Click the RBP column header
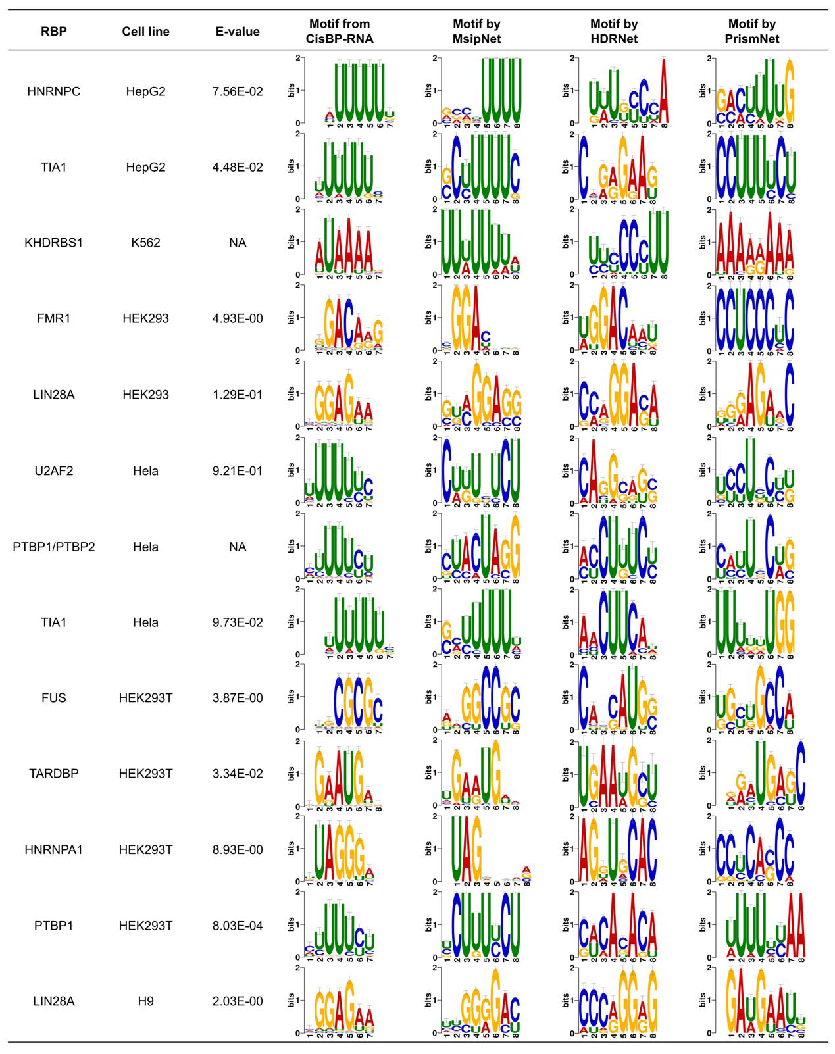click(x=54, y=32)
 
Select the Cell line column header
click(x=145, y=32)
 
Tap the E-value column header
click(x=238, y=32)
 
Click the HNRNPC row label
click(x=54, y=91)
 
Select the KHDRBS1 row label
click(x=54, y=243)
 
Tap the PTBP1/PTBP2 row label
click(x=54, y=547)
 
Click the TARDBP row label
click(x=54, y=774)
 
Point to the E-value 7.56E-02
click(x=238, y=91)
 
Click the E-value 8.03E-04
click(x=238, y=926)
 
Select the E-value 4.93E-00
click(x=238, y=318)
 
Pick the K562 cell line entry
click(x=145, y=243)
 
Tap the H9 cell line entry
click(x=145, y=1001)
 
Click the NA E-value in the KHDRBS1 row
click(x=238, y=243)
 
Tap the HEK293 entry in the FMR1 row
click(x=145, y=318)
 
